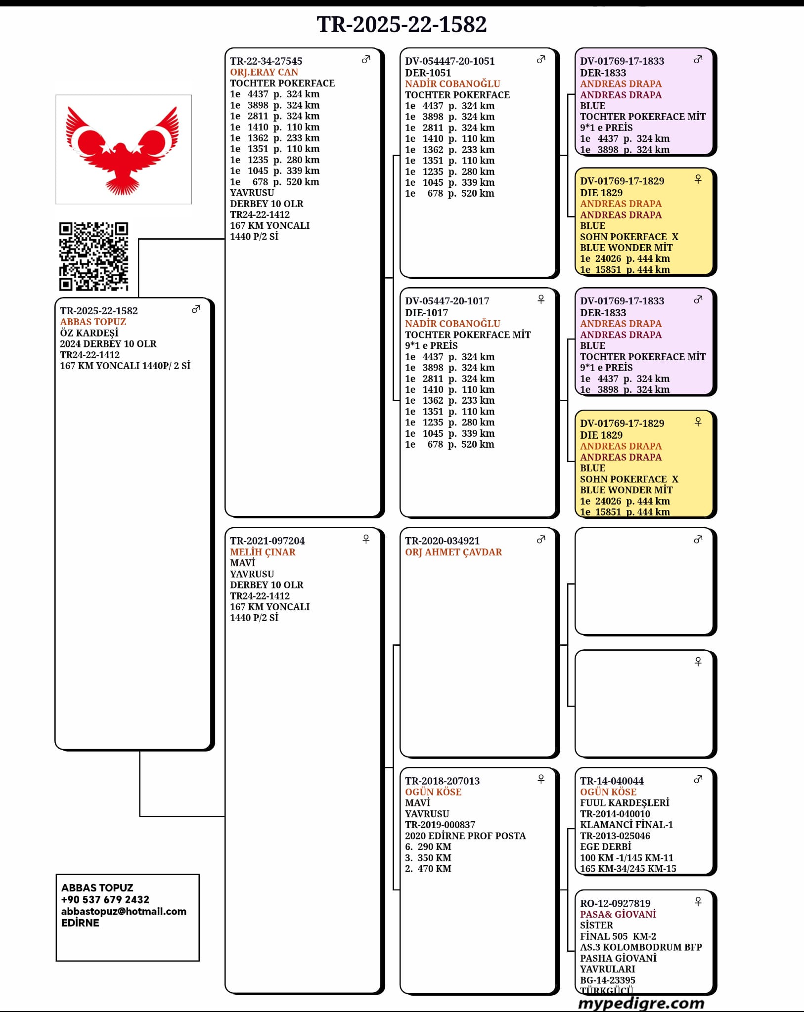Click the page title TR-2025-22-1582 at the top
402,25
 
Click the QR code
94,256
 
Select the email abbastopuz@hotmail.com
124,911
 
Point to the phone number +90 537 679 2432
105,899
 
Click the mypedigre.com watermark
641,1003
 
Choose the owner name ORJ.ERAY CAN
264,72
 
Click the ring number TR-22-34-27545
266,61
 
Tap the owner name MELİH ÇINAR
263,552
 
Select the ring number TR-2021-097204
268,541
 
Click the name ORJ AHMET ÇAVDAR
453,552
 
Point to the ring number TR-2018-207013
443,781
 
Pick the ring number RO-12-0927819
615,903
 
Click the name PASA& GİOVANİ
618,914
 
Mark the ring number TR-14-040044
612,781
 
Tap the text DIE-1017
426,313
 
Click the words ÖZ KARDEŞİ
89,333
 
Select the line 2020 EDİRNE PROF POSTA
465,836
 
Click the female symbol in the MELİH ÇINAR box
366,539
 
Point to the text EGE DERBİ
605,846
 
